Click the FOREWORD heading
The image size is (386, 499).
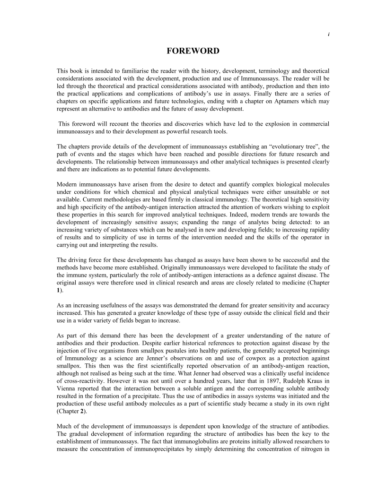click(193, 51)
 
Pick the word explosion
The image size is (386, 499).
click(267, 123)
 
